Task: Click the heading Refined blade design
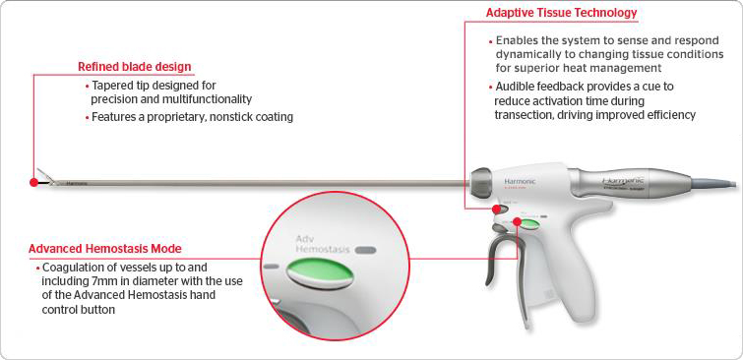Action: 135,67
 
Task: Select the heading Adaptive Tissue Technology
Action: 562,13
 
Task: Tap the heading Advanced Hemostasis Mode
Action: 105,249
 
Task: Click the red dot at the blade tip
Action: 33,182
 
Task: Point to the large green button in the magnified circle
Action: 320,273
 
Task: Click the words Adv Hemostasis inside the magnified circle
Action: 322,244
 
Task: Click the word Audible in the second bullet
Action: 513,87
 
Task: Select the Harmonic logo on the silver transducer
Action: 622,180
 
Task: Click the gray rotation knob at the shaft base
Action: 482,180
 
